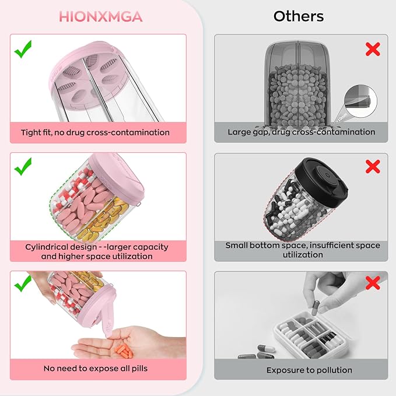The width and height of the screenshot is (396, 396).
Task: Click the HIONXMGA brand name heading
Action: (x=100, y=16)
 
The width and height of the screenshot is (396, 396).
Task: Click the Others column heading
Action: (x=299, y=16)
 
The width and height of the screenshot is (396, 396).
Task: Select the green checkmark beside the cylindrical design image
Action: (x=23, y=168)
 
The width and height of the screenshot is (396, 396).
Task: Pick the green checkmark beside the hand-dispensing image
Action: (x=23, y=285)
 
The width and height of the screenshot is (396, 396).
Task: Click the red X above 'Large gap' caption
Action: (x=373, y=49)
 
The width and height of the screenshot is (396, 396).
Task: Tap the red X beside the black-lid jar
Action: (x=373, y=167)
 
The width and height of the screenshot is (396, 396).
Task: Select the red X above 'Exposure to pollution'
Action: (x=373, y=285)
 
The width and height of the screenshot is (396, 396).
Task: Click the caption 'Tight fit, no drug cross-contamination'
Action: (x=95, y=132)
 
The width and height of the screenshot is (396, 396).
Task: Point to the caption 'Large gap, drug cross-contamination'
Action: (x=302, y=132)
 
